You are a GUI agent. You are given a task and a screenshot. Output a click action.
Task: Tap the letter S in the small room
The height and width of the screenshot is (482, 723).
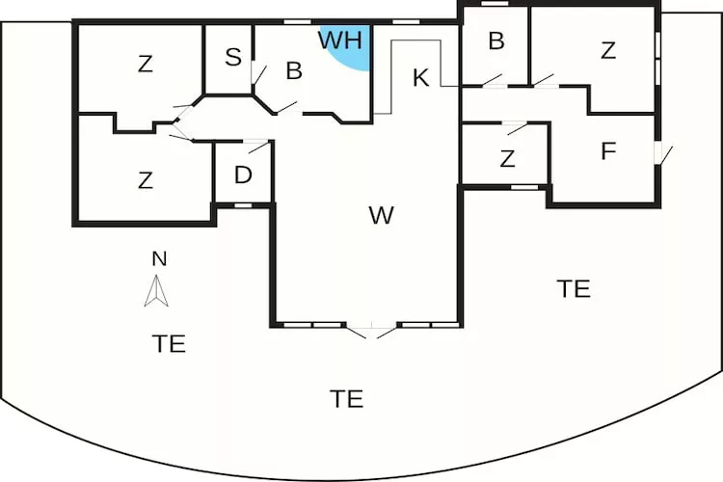(233, 57)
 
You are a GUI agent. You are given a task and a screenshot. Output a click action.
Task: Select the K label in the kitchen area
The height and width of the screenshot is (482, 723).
(420, 78)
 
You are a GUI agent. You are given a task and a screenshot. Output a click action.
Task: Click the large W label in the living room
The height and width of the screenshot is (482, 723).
(382, 215)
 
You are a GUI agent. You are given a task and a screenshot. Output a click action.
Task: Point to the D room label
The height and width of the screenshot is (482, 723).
(243, 175)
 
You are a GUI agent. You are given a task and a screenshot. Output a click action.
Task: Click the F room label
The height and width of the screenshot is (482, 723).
(608, 151)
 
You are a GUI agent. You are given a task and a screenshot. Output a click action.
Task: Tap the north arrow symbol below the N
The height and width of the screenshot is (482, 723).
(156, 291)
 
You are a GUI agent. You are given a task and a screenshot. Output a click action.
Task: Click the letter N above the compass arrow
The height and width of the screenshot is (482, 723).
(159, 258)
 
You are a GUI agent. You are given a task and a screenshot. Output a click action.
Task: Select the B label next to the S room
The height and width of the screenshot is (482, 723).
(294, 71)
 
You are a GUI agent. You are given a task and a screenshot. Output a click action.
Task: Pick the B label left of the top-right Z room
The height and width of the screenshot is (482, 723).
(496, 41)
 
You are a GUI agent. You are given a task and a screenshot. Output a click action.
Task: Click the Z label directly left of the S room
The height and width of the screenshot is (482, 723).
(146, 65)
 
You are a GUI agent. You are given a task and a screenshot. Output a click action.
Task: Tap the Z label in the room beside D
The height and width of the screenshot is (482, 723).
(146, 180)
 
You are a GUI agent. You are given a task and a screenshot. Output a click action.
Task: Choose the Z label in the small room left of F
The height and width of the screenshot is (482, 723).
(507, 159)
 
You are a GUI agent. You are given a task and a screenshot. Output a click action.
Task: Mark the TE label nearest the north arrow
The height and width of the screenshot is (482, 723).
(169, 344)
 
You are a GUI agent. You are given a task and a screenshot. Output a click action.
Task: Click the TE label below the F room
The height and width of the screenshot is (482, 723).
(574, 289)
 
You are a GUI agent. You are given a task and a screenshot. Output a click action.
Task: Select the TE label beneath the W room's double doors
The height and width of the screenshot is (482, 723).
(347, 399)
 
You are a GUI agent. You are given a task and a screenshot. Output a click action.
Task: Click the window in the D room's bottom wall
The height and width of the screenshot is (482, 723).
(243, 205)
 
